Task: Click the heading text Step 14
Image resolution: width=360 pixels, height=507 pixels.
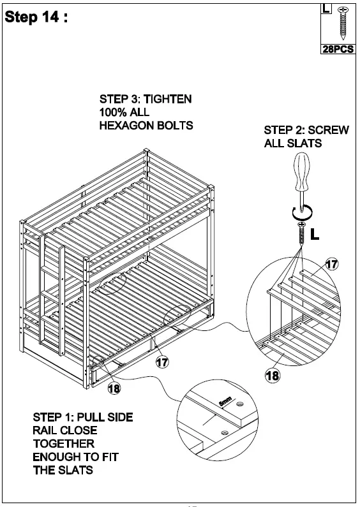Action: click(x=36, y=17)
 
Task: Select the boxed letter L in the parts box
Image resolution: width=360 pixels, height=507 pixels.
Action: click(x=326, y=10)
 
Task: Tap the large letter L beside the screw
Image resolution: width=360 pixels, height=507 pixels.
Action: click(x=315, y=235)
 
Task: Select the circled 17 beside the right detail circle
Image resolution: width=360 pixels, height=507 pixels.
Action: click(x=331, y=263)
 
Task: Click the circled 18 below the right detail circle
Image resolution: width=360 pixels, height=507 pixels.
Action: click(x=272, y=376)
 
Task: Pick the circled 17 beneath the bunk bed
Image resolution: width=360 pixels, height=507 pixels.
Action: click(x=162, y=362)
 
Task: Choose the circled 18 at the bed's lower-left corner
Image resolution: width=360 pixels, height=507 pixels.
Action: click(x=115, y=386)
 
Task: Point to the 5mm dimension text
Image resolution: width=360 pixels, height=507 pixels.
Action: click(x=225, y=403)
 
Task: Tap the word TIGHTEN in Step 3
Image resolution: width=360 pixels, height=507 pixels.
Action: click(x=167, y=99)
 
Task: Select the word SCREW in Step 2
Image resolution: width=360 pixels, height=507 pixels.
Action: click(x=332, y=130)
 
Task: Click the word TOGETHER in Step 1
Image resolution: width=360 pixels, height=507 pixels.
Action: click(x=63, y=443)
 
